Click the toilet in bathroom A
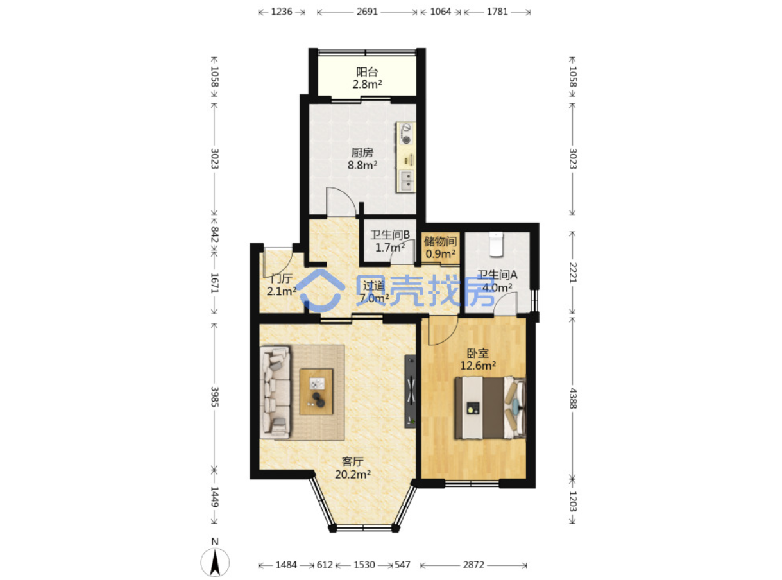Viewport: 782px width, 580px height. [496, 244]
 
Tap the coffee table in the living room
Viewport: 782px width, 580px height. [316, 391]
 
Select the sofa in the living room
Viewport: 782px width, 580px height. [275, 393]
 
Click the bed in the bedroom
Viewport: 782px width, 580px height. [490, 407]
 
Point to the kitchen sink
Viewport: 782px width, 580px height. [406, 181]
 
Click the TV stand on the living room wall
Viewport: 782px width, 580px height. [410, 391]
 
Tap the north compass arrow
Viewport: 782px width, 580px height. [215, 562]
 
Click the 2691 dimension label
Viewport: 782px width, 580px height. [367, 12]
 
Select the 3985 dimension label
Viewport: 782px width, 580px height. [215, 397]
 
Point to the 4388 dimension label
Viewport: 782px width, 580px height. [573, 398]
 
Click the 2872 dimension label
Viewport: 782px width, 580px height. [473, 565]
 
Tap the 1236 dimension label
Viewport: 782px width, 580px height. [282, 12]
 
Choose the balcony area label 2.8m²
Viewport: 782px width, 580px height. [367, 85]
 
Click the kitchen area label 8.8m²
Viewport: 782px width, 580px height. [362, 165]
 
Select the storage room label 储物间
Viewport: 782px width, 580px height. [440, 241]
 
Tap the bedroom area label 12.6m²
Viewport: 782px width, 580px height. [478, 366]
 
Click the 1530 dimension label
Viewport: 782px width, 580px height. [364, 565]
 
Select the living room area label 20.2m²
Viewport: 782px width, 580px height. [353, 475]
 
